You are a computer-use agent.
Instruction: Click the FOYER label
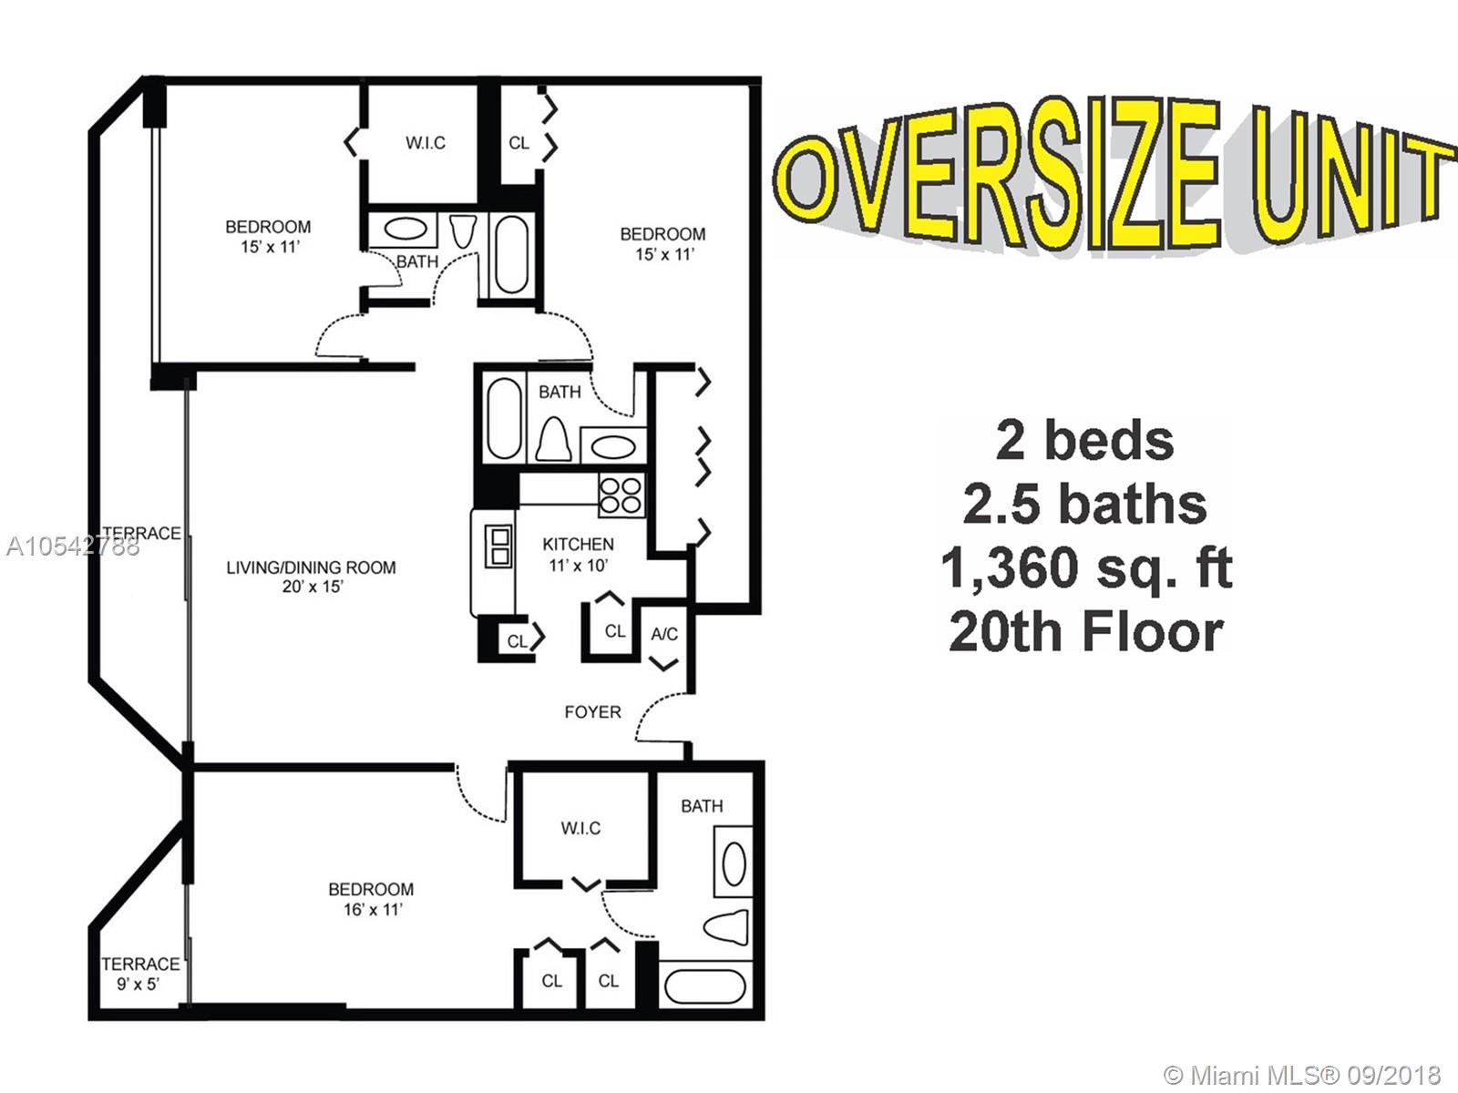point(592,712)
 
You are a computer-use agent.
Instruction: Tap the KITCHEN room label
point(578,544)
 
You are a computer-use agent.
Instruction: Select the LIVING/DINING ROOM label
point(311,567)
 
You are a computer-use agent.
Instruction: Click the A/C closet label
point(664,635)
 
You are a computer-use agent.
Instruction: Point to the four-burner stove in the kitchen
point(621,495)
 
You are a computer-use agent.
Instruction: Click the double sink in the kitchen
point(498,546)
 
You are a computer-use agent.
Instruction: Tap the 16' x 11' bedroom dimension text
point(373,909)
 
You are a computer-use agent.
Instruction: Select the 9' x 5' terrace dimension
point(139,984)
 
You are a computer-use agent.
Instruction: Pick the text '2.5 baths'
point(1084,505)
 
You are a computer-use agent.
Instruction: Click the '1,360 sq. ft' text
point(1087,568)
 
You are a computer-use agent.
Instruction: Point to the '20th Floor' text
point(1086,631)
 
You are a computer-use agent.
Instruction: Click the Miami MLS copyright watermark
point(1302,1074)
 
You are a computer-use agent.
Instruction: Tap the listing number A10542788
point(73,546)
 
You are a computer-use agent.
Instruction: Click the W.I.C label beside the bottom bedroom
point(580,828)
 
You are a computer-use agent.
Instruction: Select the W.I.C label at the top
point(426,143)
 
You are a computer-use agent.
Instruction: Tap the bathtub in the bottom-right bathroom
point(704,986)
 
